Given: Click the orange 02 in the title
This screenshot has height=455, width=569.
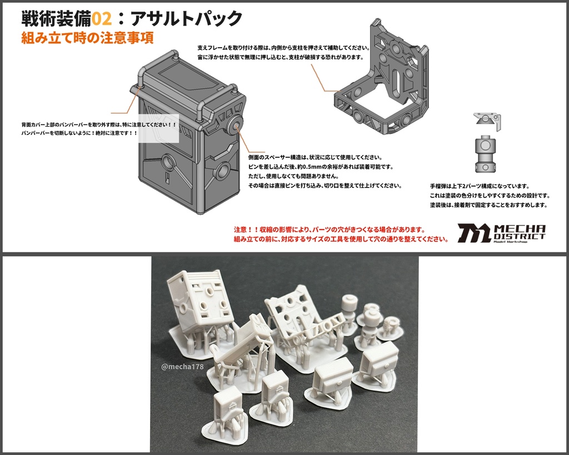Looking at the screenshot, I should pyautogui.click(x=103, y=18).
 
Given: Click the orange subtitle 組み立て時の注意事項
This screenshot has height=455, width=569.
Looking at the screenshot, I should pyautogui.click(x=87, y=38).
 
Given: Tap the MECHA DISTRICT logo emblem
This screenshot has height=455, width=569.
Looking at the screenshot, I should pyautogui.click(x=473, y=233).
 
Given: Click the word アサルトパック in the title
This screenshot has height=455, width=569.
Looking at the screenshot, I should pyautogui.click(x=186, y=18).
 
